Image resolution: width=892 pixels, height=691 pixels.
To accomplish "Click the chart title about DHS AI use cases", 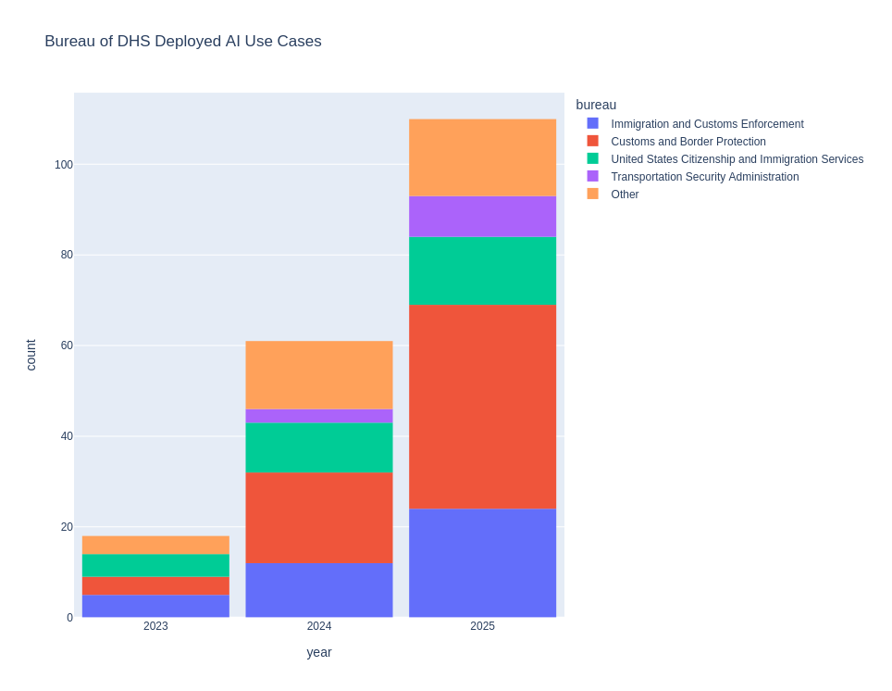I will [183, 42].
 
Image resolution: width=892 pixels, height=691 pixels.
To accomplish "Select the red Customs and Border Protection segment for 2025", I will [482, 407].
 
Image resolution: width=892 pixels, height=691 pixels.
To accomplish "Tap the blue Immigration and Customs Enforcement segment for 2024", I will [318, 590].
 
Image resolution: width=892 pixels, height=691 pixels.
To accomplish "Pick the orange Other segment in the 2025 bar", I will [482, 157].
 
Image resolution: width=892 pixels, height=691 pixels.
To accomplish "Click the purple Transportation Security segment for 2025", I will [482, 217].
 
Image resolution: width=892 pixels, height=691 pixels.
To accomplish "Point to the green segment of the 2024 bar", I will [318, 447].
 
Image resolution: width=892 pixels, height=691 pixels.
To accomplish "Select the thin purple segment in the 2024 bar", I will [318, 416].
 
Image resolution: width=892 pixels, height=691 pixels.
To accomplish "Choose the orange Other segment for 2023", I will [155, 545].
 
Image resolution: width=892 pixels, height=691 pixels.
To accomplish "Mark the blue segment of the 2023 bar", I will [155, 606].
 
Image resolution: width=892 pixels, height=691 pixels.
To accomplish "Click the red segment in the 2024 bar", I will [318, 518].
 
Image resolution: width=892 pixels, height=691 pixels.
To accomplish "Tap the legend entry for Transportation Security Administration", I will [704, 177].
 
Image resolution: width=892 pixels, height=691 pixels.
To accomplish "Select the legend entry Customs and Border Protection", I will [688, 142].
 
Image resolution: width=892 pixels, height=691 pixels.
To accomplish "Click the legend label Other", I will [625, 195].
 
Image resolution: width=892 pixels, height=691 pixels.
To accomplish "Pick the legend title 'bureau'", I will [596, 105].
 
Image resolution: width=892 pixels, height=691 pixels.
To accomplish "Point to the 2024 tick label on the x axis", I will [318, 626].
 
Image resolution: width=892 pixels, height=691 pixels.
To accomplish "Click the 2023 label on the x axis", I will [155, 626].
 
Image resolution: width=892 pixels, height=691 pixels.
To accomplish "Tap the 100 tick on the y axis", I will [63, 165].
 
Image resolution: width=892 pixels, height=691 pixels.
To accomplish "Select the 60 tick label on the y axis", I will [67, 345].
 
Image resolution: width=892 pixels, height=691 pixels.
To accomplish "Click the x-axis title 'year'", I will [318, 652].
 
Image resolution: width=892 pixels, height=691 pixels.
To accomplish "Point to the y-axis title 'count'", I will [31, 355].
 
